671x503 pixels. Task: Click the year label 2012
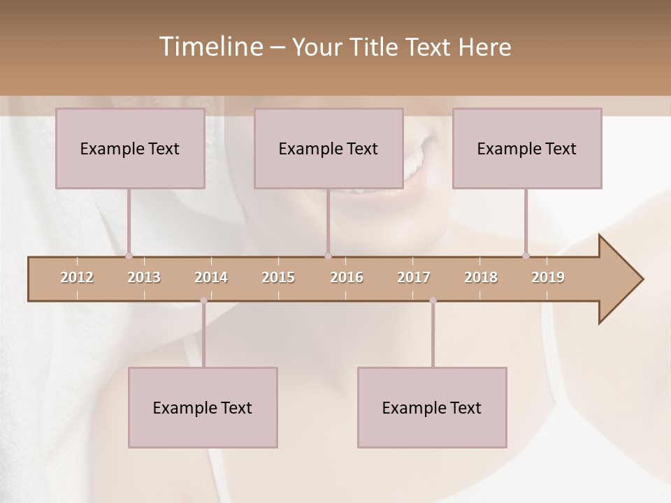77,277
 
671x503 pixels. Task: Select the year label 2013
144,277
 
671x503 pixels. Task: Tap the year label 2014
211,277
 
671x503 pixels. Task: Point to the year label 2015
278,277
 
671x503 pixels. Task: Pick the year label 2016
347,277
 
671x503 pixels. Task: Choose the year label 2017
414,277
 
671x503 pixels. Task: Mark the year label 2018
481,277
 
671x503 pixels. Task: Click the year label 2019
548,277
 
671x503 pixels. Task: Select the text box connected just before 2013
130,148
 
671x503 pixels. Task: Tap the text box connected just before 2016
329,148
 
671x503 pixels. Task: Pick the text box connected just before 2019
527,148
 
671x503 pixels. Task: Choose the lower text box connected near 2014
203,407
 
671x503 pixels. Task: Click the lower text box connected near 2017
432,407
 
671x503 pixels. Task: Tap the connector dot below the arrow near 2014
203,300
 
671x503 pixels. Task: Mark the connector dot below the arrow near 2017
433,300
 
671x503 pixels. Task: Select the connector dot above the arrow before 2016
328,256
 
